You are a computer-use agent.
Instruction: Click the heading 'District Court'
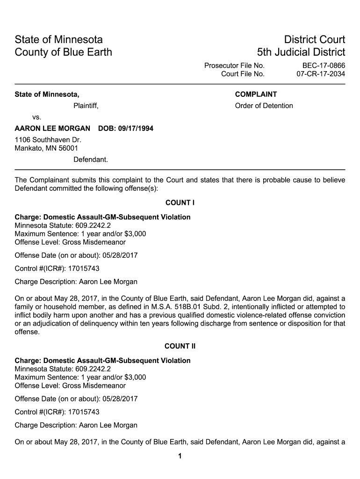309,39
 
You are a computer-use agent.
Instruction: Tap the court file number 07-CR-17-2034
321,74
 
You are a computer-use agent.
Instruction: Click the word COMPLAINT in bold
256,94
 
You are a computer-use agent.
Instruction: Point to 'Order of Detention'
264,106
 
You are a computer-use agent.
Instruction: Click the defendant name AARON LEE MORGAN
52,128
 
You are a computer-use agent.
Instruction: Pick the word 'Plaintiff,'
86,106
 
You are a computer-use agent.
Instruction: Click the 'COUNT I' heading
180,203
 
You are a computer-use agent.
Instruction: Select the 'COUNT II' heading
180,346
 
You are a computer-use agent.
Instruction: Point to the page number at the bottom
180,457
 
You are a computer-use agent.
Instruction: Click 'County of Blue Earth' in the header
64,52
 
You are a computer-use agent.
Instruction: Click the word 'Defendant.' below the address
91,160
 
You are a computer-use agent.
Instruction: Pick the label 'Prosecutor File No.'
234,65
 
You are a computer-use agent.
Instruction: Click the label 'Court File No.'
243,74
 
